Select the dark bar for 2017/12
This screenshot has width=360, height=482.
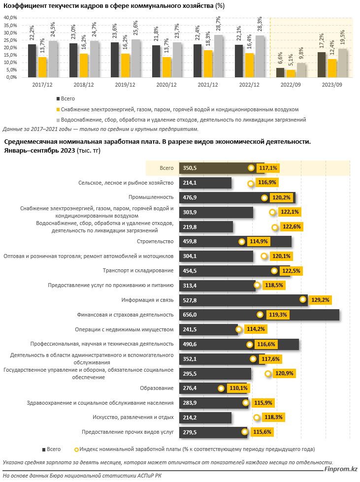(32, 61)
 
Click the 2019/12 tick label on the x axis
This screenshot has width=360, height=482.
(124, 85)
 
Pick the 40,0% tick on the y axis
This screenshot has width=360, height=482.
(10, 17)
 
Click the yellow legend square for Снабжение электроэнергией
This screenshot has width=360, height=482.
(59, 109)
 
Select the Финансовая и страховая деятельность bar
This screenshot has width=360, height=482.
(259, 315)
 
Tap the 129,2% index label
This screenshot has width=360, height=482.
(321, 300)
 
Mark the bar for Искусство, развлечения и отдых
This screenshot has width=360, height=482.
(205, 418)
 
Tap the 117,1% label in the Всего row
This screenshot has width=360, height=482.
(268, 168)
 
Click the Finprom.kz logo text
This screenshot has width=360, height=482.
(341, 470)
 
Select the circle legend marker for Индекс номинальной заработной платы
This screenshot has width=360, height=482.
(76, 450)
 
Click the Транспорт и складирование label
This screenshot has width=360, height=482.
(138, 271)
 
